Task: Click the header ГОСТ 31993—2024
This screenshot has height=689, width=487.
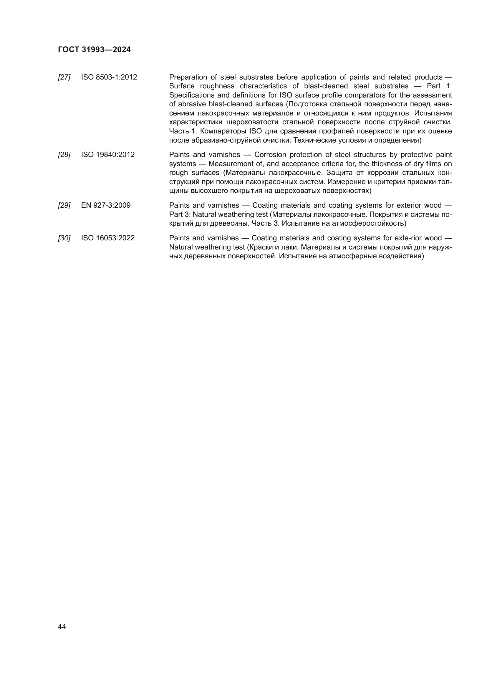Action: point(94,49)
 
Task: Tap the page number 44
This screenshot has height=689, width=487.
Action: point(62,627)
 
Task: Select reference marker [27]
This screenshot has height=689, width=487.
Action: point(64,77)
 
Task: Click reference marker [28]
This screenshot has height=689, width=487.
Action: point(64,155)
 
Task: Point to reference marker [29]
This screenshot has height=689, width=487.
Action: point(64,206)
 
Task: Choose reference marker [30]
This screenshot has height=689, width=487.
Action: point(64,238)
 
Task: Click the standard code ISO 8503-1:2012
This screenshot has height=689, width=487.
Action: point(109,77)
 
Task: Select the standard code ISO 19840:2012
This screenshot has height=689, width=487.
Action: point(108,155)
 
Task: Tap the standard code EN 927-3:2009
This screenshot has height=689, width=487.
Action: point(106,206)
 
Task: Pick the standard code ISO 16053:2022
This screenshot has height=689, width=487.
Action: point(108,238)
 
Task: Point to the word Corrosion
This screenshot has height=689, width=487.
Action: point(270,155)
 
